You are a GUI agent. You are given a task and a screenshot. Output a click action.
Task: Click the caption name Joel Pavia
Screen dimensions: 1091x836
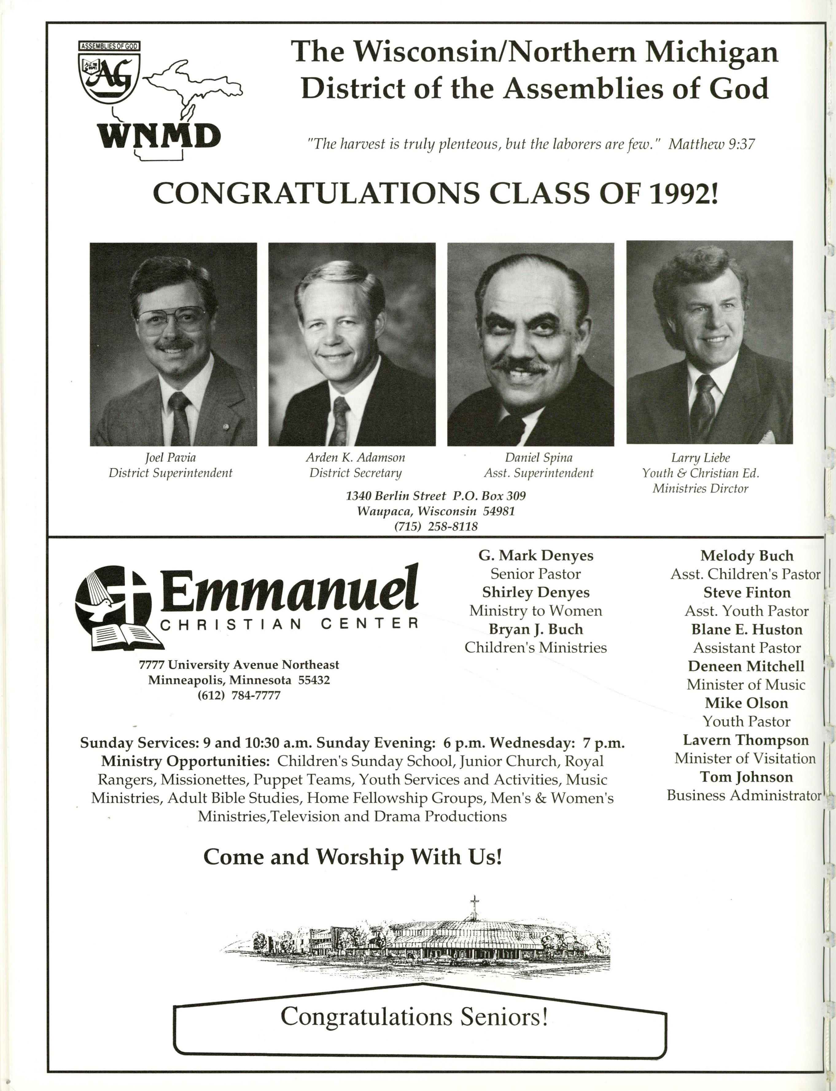click(170, 457)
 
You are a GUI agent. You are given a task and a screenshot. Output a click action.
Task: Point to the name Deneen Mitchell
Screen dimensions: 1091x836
click(746, 666)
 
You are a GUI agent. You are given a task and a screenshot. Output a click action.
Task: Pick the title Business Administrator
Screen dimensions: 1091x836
click(744, 795)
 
